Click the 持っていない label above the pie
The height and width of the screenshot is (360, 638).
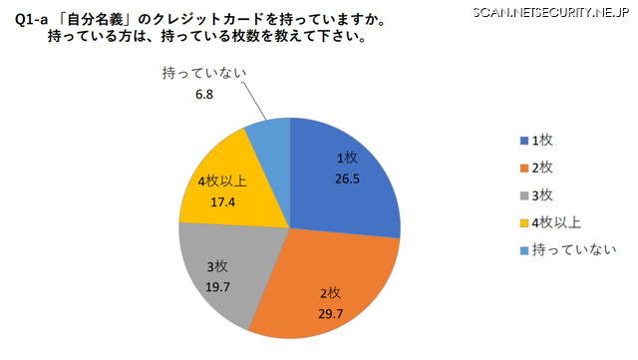click(203, 73)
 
